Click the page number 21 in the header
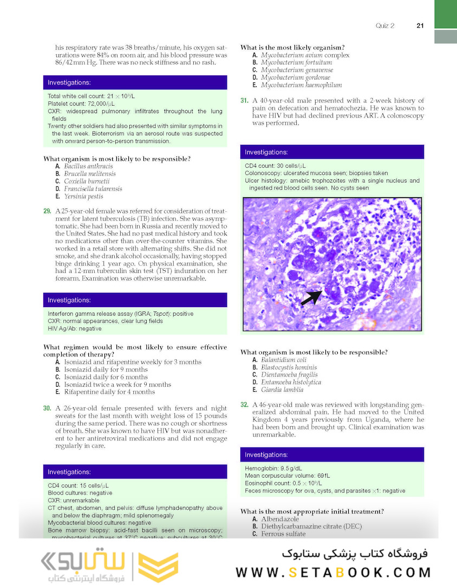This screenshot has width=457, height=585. (420, 25)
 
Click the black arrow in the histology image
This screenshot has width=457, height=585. (311, 297)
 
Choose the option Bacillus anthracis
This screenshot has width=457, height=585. (88, 166)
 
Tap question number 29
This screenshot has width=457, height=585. (47, 211)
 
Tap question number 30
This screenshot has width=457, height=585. (47, 408)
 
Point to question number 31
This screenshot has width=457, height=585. (244, 101)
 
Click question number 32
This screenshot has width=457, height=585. (244, 405)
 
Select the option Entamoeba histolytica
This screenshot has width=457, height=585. (291, 382)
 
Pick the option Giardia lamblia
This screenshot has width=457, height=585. (282, 389)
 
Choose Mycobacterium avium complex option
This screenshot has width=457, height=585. (305, 55)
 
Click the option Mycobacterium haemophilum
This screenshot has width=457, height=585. (301, 85)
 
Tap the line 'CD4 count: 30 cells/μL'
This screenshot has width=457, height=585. (275, 166)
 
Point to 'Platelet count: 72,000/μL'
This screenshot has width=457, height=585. (82, 103)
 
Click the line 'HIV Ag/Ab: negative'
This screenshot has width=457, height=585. (74, 328)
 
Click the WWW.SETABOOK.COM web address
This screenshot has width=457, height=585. (333, 572)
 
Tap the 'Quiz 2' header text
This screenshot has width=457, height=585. (385, 25)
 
